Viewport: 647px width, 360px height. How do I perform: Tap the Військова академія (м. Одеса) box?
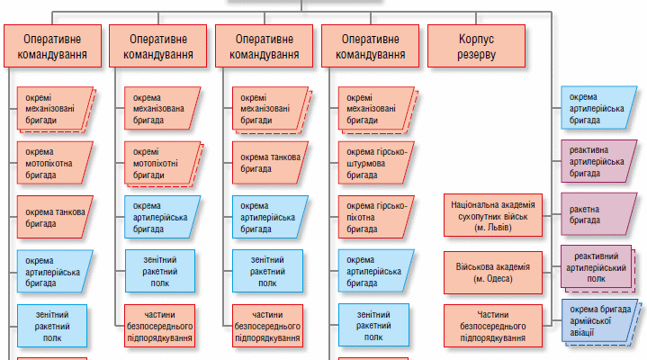pyautogui.click(x=493, y=274)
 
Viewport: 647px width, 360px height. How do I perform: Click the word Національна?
pyautogui.click(x=477, y=204)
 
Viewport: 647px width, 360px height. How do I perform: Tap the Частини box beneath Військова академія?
pyautogui.click(x=493, y=325)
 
